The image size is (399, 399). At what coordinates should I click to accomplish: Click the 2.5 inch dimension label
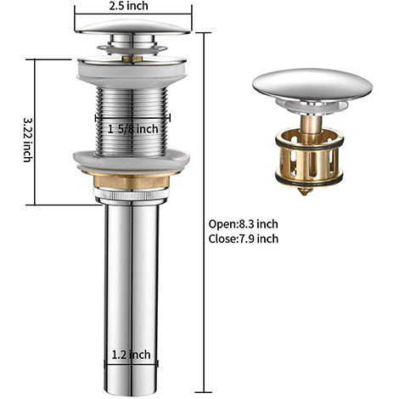tap(131, 6)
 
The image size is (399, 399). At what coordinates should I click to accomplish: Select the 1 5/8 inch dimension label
tap(133, 128)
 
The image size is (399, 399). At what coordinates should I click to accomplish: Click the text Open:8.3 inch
tap(243, 224)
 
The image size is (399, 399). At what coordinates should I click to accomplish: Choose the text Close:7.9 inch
tap(243, 239)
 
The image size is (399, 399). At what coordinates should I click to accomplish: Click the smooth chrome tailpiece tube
tap(131, 280)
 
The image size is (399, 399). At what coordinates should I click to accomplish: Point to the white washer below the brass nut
tap(131, 198)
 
